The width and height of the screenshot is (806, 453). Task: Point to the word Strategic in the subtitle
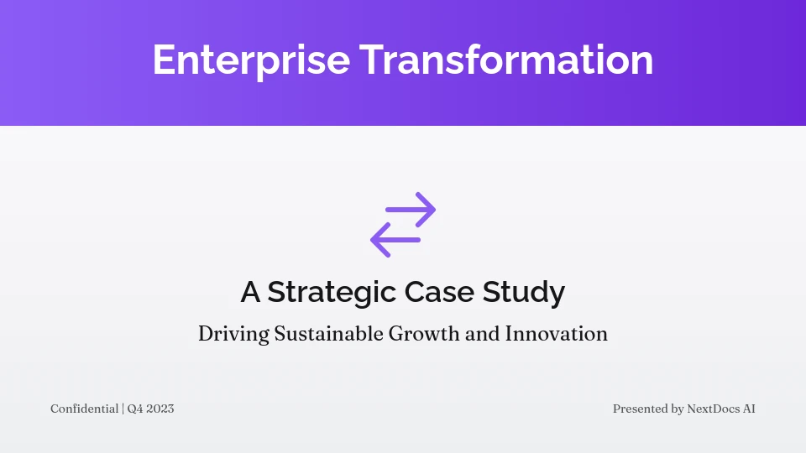[332, 293]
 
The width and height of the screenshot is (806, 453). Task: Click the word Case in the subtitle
[438, 293]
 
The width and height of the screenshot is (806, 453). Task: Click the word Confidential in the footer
[84, 409]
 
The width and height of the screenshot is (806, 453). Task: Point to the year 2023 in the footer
[161, 409]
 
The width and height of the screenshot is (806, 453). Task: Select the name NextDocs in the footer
[714, 409]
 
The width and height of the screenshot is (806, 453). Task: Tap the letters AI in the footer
[749, 409]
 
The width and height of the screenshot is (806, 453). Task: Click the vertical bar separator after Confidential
[123, 409]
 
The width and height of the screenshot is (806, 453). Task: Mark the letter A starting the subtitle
[250, 293]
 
